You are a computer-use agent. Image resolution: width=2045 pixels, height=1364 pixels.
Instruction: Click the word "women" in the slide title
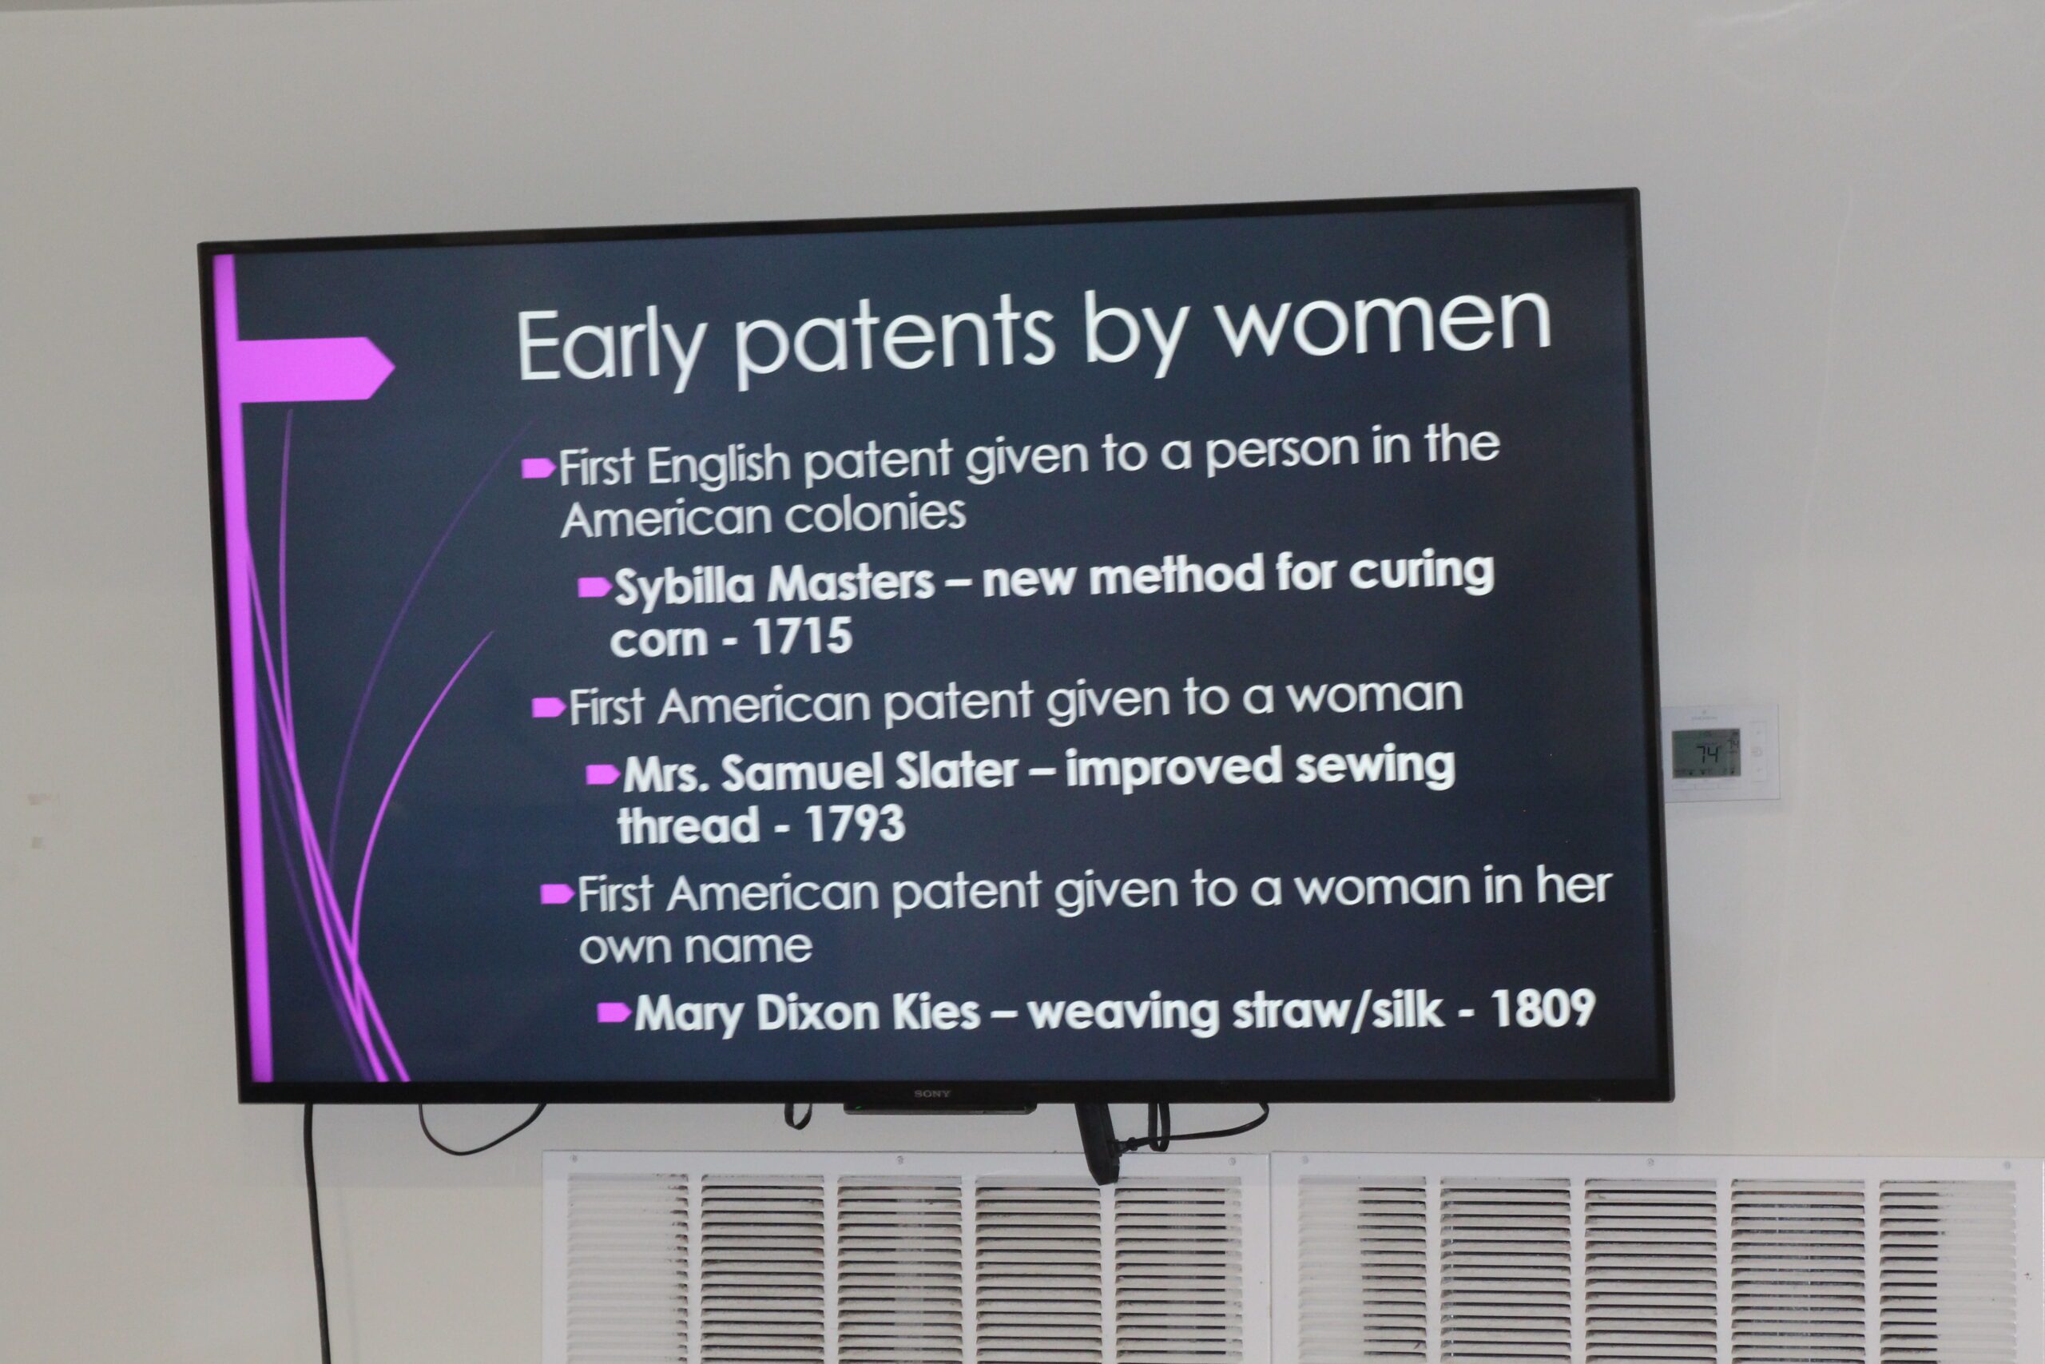click(x=1382, y=323)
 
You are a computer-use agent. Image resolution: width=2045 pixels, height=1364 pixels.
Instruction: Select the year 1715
click(x=803, y=636)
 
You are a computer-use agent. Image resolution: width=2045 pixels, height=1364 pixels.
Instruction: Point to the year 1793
click(x=856, y=824)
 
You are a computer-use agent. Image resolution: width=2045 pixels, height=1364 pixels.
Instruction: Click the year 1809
click(x=1543, y=1008)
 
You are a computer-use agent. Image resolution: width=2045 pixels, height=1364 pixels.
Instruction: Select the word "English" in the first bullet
click(x=718, y=465)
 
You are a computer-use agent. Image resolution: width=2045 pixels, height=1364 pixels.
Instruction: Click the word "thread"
click(x=689, y=824)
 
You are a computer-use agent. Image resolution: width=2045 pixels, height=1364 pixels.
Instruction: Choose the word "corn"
click(x=659, y=640)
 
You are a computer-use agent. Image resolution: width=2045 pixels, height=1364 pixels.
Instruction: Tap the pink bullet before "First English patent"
click(x=538, y=469)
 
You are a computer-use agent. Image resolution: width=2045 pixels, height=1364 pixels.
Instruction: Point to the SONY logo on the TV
click(x=931, y=1093)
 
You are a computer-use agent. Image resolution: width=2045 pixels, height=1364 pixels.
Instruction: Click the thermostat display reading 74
click(x=1706, y=754)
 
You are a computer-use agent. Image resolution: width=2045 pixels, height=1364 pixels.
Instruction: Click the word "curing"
click(x=1421, y=575)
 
